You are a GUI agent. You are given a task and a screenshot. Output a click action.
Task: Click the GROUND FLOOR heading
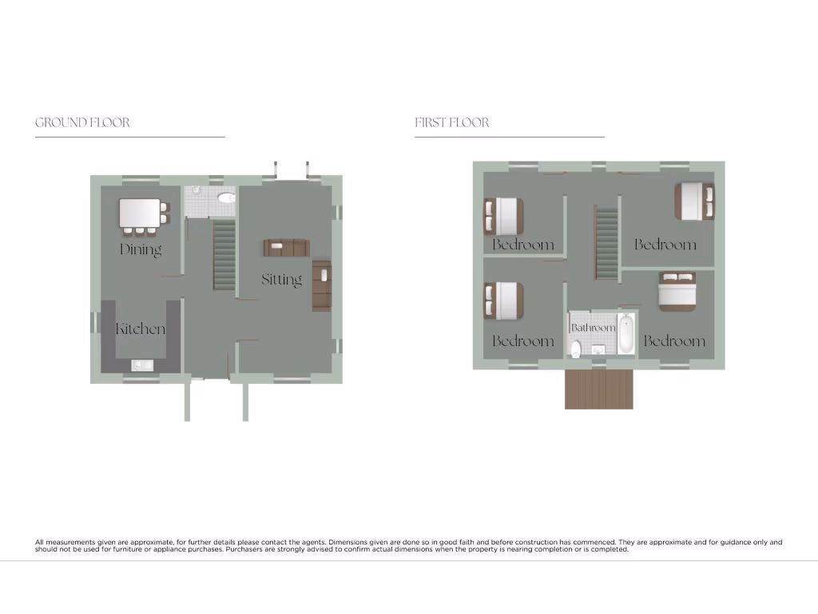(x=82, y=122)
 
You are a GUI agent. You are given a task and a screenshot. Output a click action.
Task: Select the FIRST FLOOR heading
(x=451, y=122)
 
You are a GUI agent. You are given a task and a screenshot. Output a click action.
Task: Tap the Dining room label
(x=141, y=249)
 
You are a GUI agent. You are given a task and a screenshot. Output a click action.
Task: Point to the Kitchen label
(x=141, y=329)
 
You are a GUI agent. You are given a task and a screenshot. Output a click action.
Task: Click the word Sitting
(x=281, y=279)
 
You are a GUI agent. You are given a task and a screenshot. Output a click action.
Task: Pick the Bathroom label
(x=593, y=328)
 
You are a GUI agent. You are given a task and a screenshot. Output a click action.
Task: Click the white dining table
(x=141, y=213)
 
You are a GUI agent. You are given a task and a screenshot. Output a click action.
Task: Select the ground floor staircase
(x=224, y=255)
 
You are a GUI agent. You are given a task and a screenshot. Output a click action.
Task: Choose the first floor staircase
(x=607, y=242)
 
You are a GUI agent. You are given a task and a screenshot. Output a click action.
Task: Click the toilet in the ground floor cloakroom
(x=227, y=198)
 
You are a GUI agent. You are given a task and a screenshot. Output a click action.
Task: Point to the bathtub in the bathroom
(x=626, y=334)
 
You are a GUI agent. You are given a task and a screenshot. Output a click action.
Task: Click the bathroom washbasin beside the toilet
(x=597, y=349)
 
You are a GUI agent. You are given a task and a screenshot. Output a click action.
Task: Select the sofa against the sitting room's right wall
(x=322, y=285)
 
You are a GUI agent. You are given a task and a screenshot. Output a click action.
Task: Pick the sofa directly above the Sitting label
(x=286, y=248)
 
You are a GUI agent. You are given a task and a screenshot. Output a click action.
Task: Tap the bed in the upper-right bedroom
(x=693, y=200)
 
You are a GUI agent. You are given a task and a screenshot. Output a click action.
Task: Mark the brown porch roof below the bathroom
(x=599, y=389)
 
